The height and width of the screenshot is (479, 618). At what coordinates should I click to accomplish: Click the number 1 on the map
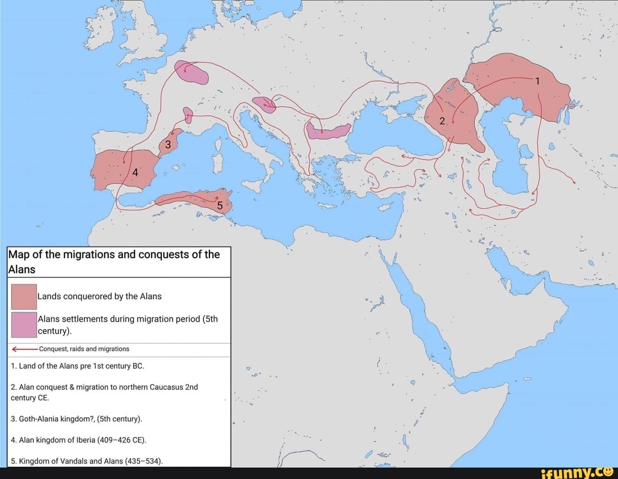click(537, 81)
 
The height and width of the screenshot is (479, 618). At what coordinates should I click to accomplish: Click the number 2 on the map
click(442, 121)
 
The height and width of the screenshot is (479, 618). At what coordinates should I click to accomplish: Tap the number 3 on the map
click(168, 145)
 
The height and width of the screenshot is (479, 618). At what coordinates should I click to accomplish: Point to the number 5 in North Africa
click(220, 205)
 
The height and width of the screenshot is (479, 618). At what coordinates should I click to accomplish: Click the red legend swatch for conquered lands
click(24, 296)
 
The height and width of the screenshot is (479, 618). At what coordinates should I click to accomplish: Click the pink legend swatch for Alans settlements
click(24, 324)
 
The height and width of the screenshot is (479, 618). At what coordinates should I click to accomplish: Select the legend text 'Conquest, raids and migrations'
click(85, 349)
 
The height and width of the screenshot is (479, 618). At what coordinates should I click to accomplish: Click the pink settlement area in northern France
click(191, 73)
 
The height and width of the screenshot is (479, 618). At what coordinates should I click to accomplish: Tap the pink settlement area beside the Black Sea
click(328, 131)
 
